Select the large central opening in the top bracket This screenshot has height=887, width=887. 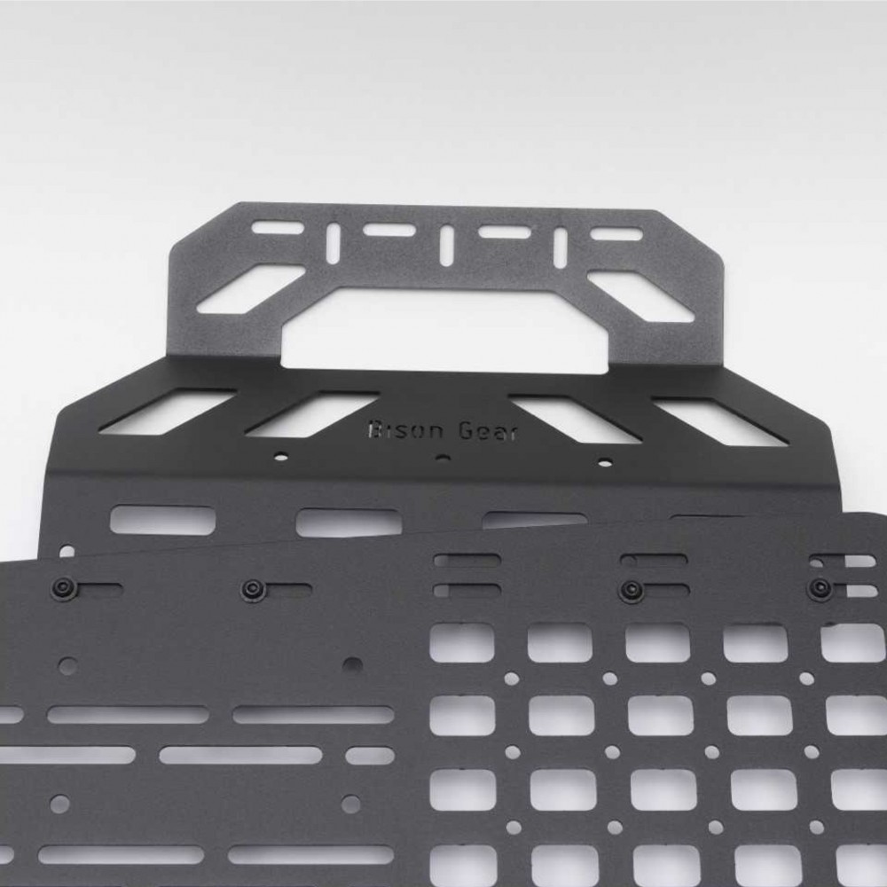coord(443,327)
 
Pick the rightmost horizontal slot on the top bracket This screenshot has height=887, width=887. coord(617,234)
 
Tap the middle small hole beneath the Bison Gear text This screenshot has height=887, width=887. coord(443,458)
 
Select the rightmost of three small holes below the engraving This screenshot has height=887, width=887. coord(605,461)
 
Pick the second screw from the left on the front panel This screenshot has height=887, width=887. coord(253,588)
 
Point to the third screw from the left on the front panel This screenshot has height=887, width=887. coord(632,588)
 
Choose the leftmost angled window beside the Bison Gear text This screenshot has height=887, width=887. coord(168,412)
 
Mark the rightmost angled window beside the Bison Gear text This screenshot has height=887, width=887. coord(718,420)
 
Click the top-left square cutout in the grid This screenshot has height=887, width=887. coord(462,642)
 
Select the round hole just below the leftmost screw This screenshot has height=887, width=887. coord(67,664)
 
